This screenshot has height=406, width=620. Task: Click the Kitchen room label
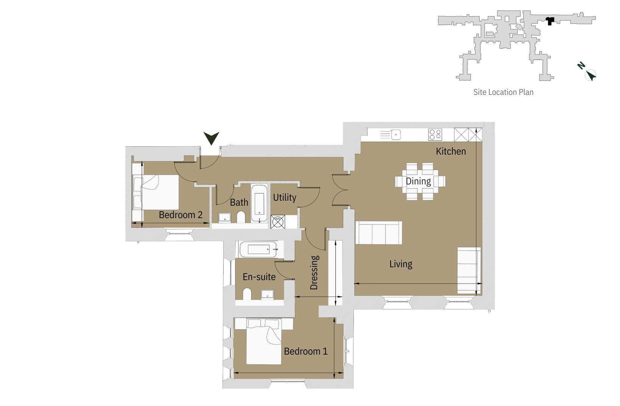(450, 151)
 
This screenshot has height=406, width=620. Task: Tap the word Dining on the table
(418, 181)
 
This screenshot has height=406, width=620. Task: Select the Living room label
(400, 264)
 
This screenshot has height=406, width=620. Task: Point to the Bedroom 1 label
(305, 351)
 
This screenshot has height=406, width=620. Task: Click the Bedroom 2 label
(181, 215)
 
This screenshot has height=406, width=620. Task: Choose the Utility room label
(284, 197)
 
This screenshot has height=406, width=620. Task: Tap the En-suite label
(259, 277)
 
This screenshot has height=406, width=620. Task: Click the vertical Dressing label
(314, 273)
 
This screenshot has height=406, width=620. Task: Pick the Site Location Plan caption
(503, 92)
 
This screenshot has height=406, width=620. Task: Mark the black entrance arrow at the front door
(211, 138)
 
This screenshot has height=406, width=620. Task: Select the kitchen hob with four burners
(435, 134)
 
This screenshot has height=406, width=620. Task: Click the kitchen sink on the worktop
(396, 134)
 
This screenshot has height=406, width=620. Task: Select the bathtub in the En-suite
(259, 249)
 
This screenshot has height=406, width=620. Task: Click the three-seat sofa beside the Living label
(378, 233)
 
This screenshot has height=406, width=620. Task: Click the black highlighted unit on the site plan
(550, 20)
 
